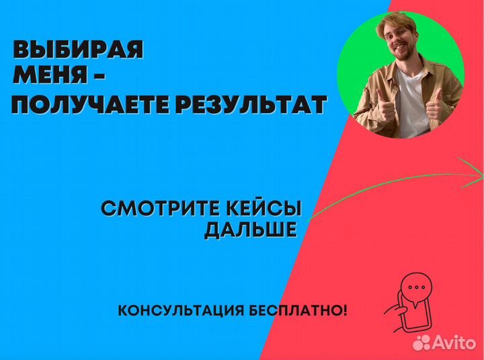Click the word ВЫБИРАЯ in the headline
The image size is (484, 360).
pos(78,51)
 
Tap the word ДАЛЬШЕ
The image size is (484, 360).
pos(250,230)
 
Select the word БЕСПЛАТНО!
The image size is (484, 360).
pos(304,311)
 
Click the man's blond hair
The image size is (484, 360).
pos(397,26)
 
